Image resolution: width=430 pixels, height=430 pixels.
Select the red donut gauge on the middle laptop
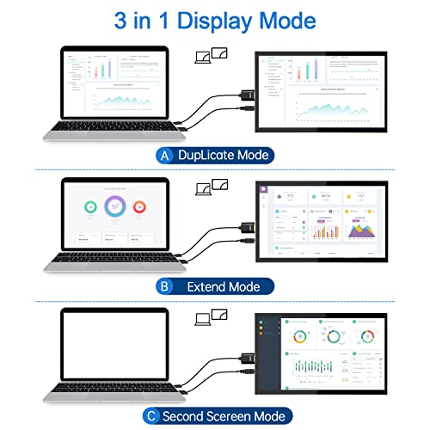point(141,208)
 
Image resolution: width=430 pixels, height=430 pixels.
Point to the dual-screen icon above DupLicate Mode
point(212,56)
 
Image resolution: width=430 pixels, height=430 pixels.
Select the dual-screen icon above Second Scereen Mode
point(212,318)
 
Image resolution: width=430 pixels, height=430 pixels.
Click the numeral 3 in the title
point(120,19)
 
